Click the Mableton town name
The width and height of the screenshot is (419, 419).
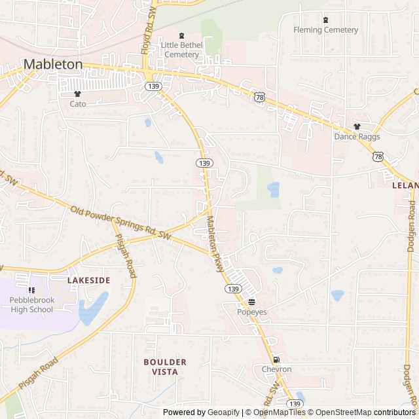click(54, 64)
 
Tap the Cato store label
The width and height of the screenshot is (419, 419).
click(78, 103)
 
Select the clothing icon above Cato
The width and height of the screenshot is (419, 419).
click(78, 94)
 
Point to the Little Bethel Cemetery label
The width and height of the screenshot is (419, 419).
click(181, 50)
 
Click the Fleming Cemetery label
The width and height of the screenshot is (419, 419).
click(325, 30)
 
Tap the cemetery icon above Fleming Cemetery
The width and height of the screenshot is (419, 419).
click(325, 20)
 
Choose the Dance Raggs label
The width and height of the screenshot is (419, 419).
click(357, 137)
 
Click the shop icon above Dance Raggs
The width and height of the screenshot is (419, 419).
click(357, 127)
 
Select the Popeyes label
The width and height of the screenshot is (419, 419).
click(252, 312)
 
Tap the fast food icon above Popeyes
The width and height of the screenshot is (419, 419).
click(252, 302)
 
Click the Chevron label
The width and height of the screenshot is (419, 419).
click(276, 369)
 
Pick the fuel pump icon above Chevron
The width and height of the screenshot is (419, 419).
click(276, 359)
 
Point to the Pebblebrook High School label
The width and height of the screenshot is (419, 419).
click(31, 305)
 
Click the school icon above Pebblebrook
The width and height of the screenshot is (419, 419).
click(31, 290)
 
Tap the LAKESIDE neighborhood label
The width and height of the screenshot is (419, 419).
click(89, 280)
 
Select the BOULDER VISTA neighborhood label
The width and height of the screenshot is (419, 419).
click(165, 367)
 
